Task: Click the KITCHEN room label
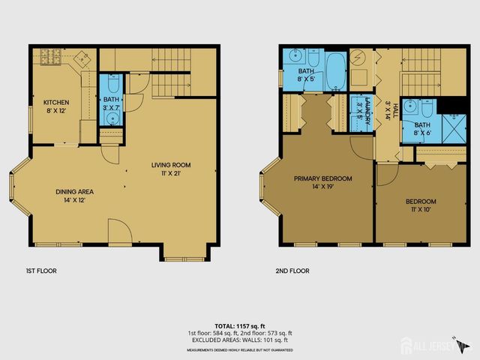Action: (56, 102)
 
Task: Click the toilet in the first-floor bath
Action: (112, 83)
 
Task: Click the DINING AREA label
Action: (75, 192)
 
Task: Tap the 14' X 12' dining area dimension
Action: (75, 201)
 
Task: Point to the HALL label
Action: (384, 100)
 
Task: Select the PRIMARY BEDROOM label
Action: (322, 178)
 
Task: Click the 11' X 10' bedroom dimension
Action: (421, 211)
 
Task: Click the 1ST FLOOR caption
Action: (41, 271)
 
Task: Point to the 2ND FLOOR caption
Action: (292, 271)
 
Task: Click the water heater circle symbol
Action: (358, 58)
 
